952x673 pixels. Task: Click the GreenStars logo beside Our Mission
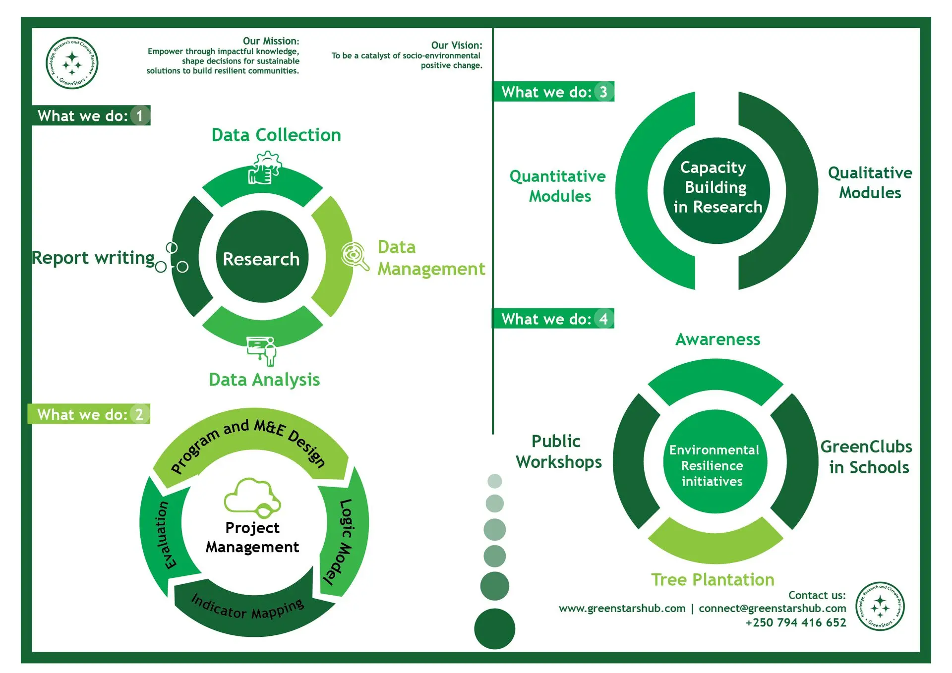(72, 63)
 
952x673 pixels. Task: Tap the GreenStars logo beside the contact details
(880, 606)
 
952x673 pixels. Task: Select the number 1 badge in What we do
(140, 116)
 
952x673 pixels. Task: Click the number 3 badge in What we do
(603, 92)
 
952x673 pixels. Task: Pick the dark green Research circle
(261, 257)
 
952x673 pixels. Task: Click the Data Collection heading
(276, 135)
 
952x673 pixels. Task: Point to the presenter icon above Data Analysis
(262, 350)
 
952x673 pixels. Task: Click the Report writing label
(93, 258)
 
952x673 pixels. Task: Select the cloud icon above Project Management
(252, 496)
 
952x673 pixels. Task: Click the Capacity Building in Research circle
(716, 190)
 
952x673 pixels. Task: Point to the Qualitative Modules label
(870, 182)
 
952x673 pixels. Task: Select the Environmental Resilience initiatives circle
(714, 462)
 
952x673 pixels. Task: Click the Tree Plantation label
(713, 579)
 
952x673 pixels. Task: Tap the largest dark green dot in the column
(494, 628)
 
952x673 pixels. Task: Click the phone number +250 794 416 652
(795, 622)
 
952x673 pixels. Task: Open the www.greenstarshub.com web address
(622, 608)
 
